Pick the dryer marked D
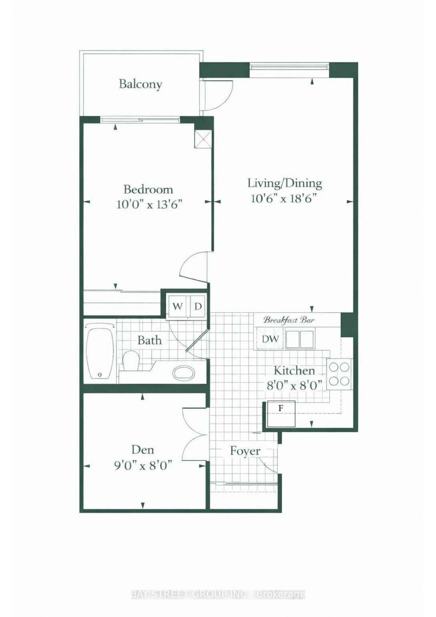[x=198, y=306]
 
